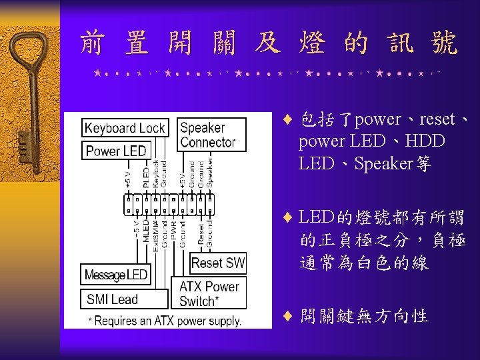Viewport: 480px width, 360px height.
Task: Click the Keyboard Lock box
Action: click(x=125, y=128)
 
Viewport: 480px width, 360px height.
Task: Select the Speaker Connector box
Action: click(x=207, y=135)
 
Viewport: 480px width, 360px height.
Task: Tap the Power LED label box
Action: click(x=115, y=151)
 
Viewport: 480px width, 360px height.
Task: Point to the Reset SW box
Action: click(x=218, y=263)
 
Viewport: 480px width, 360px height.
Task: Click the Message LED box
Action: click(x=115, y=275)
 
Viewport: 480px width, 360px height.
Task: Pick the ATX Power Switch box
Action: click(x=209, y=294)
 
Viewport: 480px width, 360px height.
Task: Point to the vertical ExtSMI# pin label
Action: click(x=155, y=234)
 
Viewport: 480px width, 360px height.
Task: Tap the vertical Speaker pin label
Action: click(x=210, y=171)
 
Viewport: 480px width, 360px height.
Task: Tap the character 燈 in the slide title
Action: click(x=313, y=44)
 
